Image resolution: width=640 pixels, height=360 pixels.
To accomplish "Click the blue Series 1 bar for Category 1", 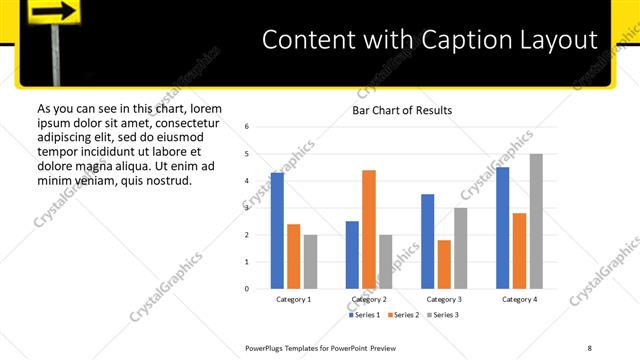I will [277, 231].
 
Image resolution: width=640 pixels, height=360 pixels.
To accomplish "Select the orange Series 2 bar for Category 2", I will [369, 229].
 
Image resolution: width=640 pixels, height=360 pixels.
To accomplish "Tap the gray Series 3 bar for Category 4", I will [536, 221].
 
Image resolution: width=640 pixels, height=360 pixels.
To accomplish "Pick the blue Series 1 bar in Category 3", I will [427, 241].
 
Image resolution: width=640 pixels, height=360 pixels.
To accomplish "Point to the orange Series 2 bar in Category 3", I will [444, 264].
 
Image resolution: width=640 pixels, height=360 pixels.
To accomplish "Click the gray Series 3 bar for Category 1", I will [310, 262].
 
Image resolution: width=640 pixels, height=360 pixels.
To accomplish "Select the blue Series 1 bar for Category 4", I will [503, 228].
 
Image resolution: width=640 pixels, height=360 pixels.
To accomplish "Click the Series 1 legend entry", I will [364, 315].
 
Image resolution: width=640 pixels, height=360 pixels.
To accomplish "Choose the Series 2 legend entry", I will [402, 315].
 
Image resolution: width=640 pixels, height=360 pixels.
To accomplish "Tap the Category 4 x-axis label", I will [519, 299].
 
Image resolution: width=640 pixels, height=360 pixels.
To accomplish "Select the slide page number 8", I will [590, 347].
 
